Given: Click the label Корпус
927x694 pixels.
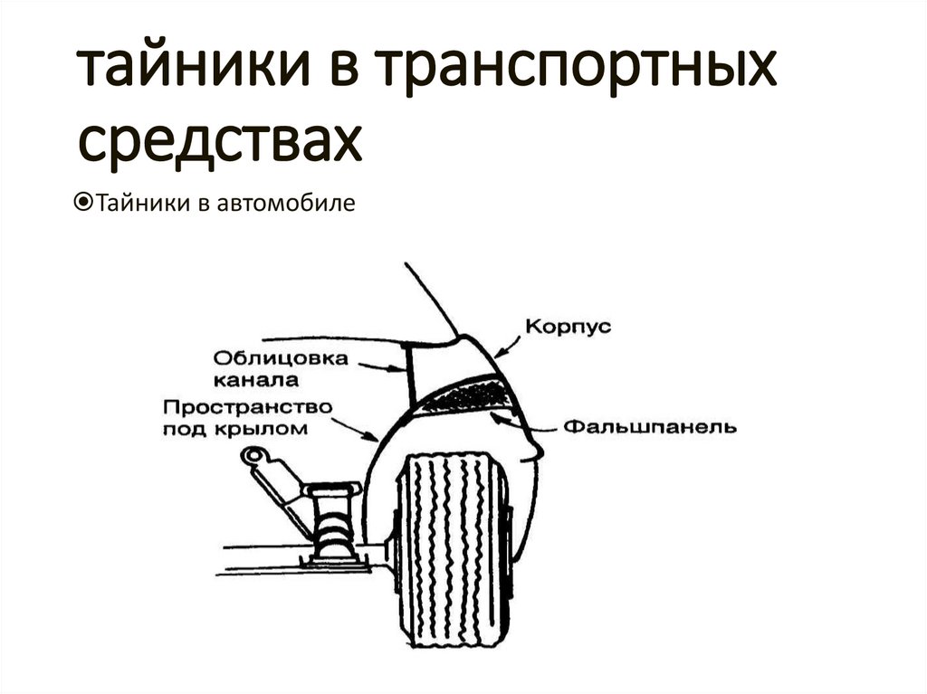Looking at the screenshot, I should pyautogui.click(x=568, y=327).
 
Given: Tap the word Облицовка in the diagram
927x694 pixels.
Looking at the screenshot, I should pyautogui.click(x=282, y=357).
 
